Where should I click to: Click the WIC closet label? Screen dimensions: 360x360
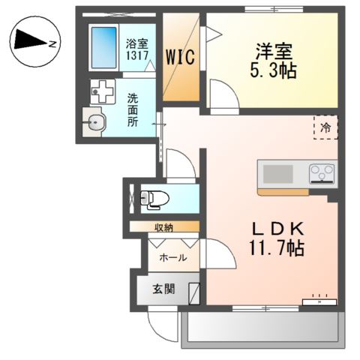pos(181,57)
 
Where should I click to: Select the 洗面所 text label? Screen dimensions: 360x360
pos(132,109)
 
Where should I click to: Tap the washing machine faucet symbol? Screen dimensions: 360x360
pos(101,91)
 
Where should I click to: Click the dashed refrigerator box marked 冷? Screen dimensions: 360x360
pos(325,128)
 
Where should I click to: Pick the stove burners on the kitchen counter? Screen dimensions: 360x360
pos(322,173)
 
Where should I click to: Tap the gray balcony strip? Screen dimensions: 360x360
pos(262,326)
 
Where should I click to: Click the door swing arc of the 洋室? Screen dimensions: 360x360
pos(222,96)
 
